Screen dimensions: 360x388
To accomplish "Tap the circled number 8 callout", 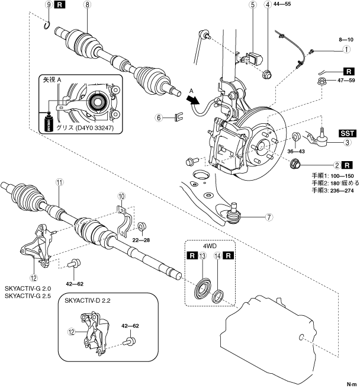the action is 87,5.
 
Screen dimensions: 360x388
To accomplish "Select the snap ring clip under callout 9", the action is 47,25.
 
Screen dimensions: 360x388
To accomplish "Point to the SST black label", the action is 347,133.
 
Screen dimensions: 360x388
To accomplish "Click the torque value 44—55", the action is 282,4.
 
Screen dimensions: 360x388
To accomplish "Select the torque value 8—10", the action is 346,39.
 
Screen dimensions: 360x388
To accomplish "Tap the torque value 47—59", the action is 346,80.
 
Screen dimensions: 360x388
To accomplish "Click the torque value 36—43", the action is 296,151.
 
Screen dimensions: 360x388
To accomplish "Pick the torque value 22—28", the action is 141,240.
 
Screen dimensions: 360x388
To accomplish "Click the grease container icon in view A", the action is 49,122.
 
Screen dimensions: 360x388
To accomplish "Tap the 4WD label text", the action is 210,246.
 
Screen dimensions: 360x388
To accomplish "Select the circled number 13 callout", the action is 202,256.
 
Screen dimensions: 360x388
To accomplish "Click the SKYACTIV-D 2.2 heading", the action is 88,300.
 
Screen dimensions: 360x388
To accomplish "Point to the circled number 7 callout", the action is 269,217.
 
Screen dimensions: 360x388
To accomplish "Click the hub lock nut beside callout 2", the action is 295,164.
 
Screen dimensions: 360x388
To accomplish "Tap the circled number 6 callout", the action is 159,117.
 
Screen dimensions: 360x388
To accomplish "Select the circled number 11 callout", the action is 59,182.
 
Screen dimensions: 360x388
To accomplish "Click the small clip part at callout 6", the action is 179,117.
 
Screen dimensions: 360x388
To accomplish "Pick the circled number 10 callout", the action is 121,197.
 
